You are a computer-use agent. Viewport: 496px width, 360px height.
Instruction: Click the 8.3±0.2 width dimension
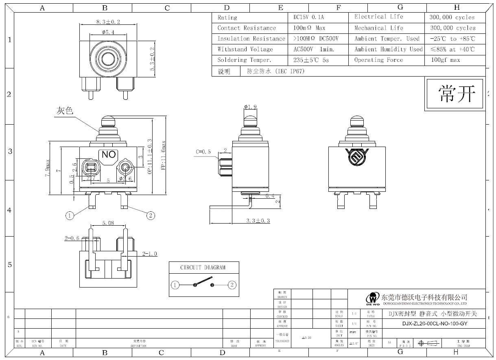(108, 22)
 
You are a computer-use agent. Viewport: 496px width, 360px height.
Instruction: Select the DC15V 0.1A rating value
(308, 18)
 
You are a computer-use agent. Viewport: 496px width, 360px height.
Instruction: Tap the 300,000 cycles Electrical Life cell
(452, 18)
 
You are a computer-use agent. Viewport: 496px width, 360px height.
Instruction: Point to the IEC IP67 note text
(276, 71)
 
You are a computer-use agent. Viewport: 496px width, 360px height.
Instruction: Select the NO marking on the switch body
(109, 154)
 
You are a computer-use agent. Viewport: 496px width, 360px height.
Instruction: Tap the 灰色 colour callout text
(65, 111)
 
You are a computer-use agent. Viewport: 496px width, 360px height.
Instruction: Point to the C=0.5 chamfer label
(203, 152)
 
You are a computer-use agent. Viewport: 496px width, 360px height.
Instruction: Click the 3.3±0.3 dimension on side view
(258, 221)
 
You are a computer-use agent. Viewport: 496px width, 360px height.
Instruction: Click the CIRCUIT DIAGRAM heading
(203, 268)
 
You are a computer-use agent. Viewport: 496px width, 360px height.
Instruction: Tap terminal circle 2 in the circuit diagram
(232, 285)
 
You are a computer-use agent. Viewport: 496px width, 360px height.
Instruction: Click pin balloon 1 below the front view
(70, 215)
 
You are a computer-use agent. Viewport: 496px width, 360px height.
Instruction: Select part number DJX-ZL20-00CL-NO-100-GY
(435, 324)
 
